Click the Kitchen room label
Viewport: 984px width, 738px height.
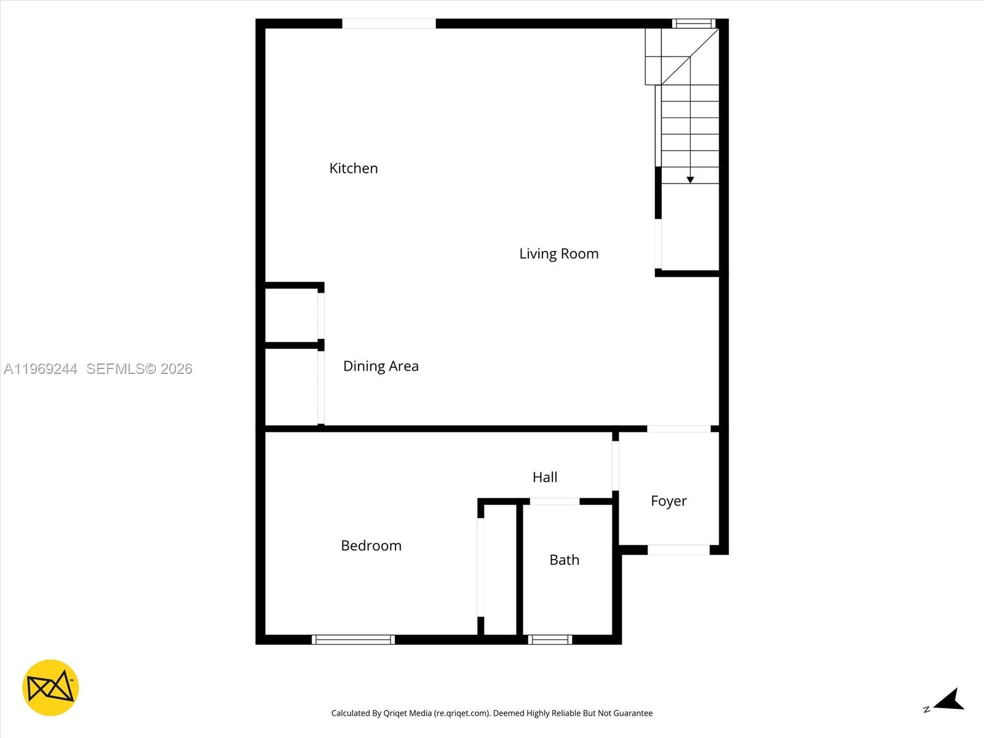pos(353,169)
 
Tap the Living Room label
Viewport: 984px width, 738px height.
pos(558,253)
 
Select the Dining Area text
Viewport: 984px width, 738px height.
pos(381,366)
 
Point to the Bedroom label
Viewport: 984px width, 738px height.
pos(371,546)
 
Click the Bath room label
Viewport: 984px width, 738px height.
pos(564,560)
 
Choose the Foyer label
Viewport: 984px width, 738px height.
pos(669,501)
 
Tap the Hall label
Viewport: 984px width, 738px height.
pos(545,477)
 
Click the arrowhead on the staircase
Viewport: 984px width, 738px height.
pos(690,180)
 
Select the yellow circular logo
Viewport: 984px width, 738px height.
pos(50,688)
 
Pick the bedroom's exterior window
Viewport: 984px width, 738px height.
pos(353,640)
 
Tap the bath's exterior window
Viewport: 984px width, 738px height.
pos(550,640)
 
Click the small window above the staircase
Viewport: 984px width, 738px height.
pos(693,24)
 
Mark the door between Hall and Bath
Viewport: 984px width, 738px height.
pos(554,502)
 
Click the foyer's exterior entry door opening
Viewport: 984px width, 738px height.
pos(678,550)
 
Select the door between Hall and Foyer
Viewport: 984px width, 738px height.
pos(616,466)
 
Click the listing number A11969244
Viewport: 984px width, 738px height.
pos(41,369)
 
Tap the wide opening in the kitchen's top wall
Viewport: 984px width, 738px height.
pos(389,24)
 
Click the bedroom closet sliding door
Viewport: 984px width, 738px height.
pos(481,567)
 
